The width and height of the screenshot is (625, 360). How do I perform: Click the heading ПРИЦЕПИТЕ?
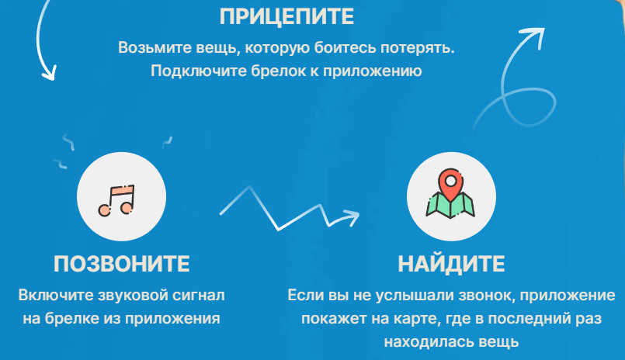pyautogui.click(x=286, y=17)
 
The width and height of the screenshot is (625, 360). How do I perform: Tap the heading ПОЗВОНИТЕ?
pyautogui.click(x=122, y=264)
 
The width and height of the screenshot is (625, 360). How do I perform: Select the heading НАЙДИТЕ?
pyautogui.click(x=451, y=264)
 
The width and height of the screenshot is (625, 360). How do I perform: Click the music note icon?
pyautogui.click(x=116, y=200)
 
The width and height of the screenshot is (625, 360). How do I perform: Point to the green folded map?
pyautogui.click(x=450, y=206)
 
